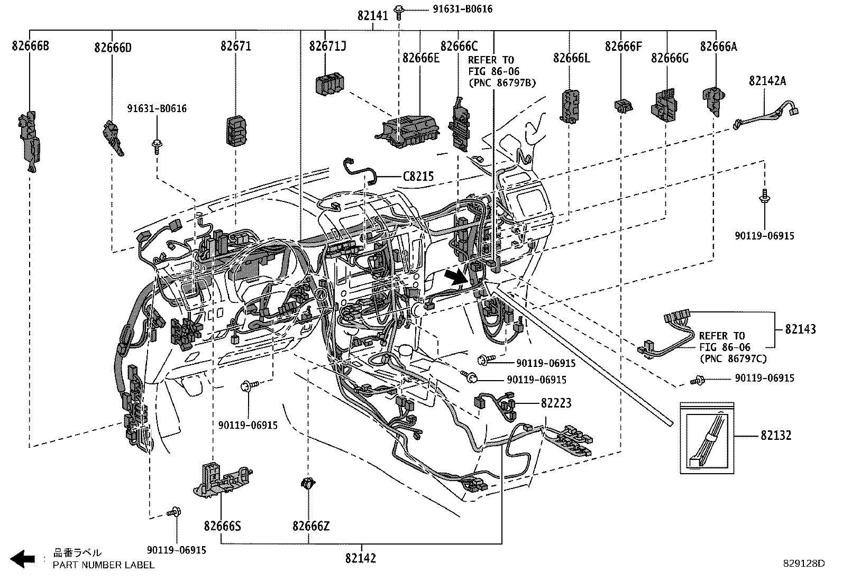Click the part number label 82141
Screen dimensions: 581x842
pos(373,16)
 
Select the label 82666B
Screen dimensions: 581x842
pos(30,47)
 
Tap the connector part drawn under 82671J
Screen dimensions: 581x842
pos(329,85)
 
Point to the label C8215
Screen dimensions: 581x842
pos(418,176)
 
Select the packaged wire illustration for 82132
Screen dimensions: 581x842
pos(707,437)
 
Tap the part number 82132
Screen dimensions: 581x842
pos(776,436)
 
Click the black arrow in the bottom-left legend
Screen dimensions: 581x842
pos(22,559)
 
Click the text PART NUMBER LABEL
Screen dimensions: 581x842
pos(103,565)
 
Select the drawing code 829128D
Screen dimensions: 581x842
pos(804,564)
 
